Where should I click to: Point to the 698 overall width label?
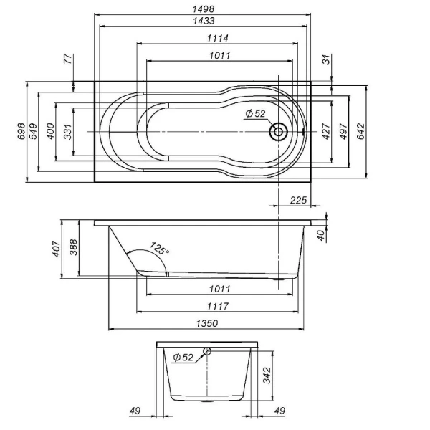tap(21, 131)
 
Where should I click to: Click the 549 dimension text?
tap(34, 131)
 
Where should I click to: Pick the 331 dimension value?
tap(67, 131)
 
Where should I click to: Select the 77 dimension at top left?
tap(68, 60)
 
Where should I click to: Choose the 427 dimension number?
tap(326, 131)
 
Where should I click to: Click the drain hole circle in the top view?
tap(277, 132)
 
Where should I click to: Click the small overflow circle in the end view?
tap(207, 350)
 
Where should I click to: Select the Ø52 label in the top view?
tap(255, 115)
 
